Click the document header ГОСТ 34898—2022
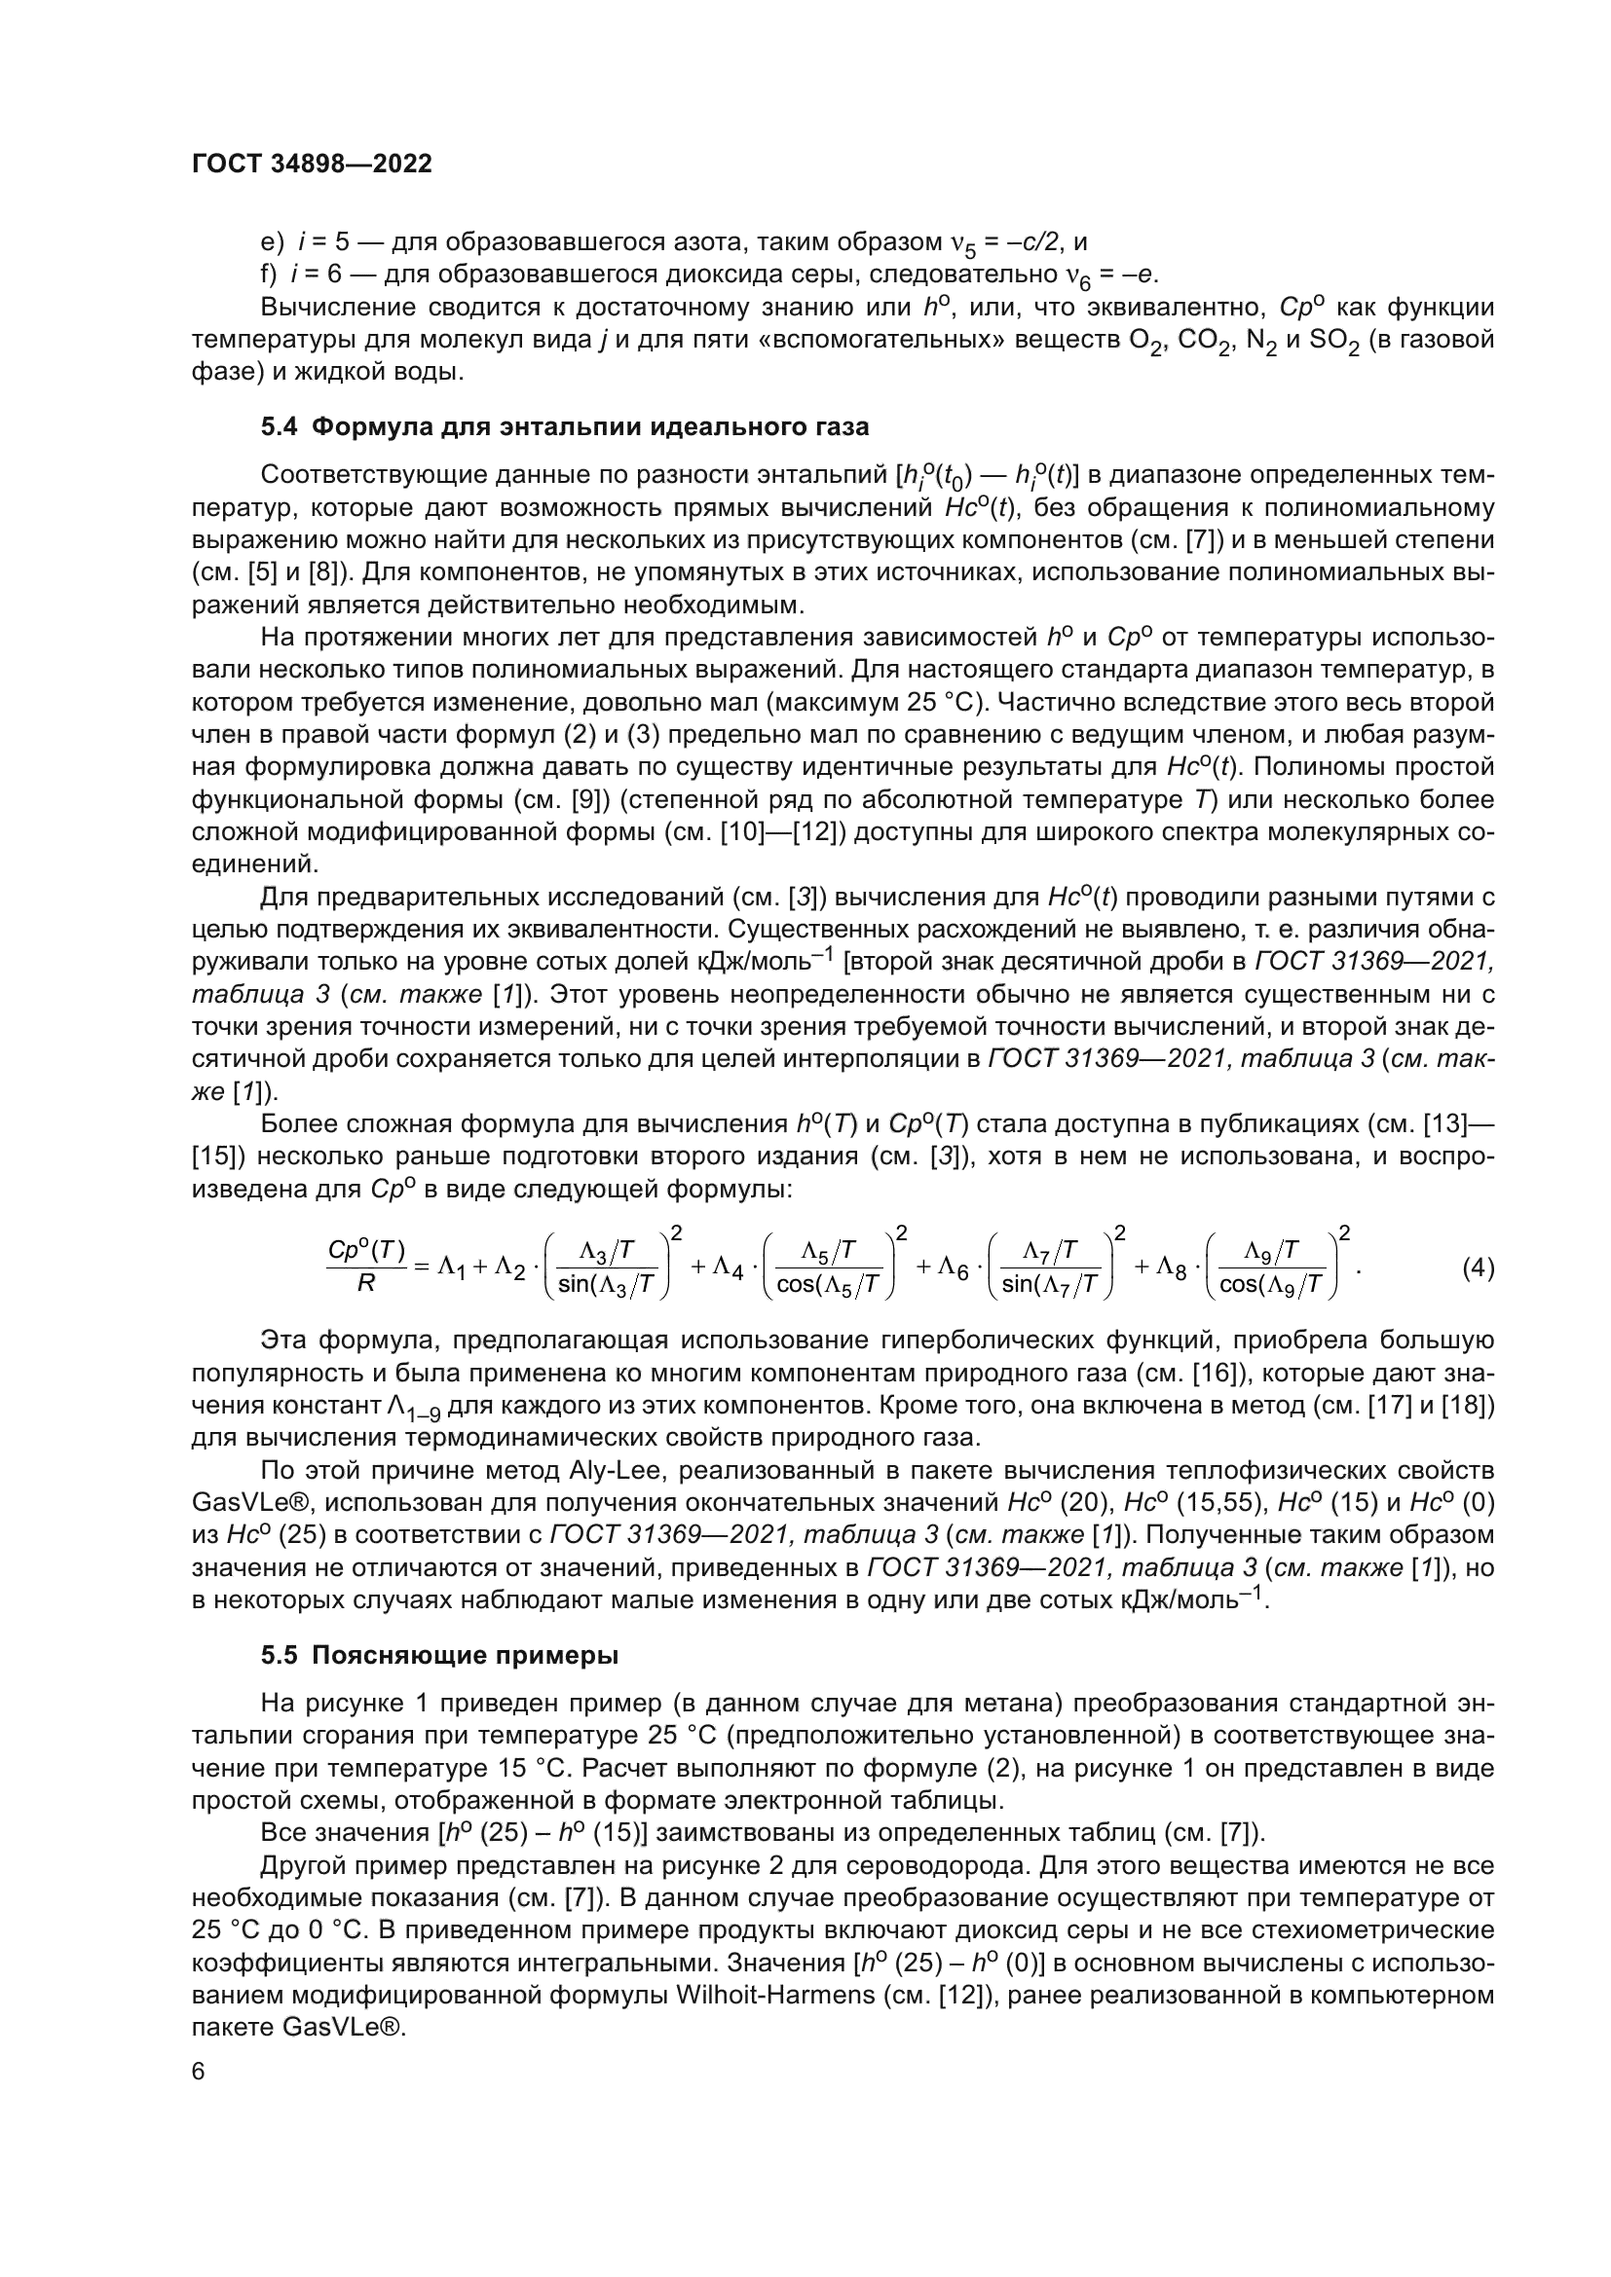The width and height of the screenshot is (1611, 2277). pos(312,165)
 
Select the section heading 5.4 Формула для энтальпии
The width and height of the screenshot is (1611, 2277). pos(565,427)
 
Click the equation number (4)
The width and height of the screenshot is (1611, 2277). pos(1479,1268)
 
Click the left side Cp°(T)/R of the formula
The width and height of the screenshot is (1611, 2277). pos(366,1267)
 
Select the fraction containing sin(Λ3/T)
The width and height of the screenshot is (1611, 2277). pos(606,1268)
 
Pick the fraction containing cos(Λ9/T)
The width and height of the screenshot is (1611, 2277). pos(1271,1268)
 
